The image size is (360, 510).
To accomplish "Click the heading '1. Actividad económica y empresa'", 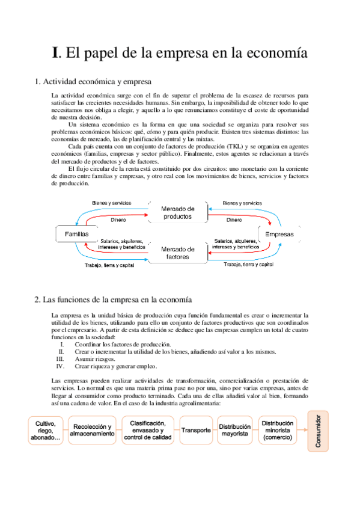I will point(93,81).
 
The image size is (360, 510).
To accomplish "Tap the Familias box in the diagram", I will point(76,233).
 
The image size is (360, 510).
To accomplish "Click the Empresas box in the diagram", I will point(279,233).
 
